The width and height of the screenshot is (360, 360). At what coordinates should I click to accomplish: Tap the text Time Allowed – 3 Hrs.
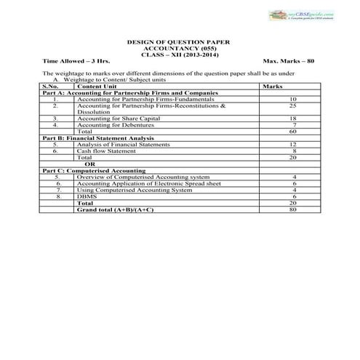pyautogui.click(x=72, y=63)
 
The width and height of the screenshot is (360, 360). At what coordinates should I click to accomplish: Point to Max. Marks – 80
pyautogui.click(x=289, y=63)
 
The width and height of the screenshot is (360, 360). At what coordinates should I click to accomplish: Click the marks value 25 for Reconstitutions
pyautogui.click(x=293, y=105)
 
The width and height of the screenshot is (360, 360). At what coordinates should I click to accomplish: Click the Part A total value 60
pyautogui.click(x=293, y=131)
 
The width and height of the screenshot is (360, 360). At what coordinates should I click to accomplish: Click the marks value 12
pyautogui.click(x=293, y=144)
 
